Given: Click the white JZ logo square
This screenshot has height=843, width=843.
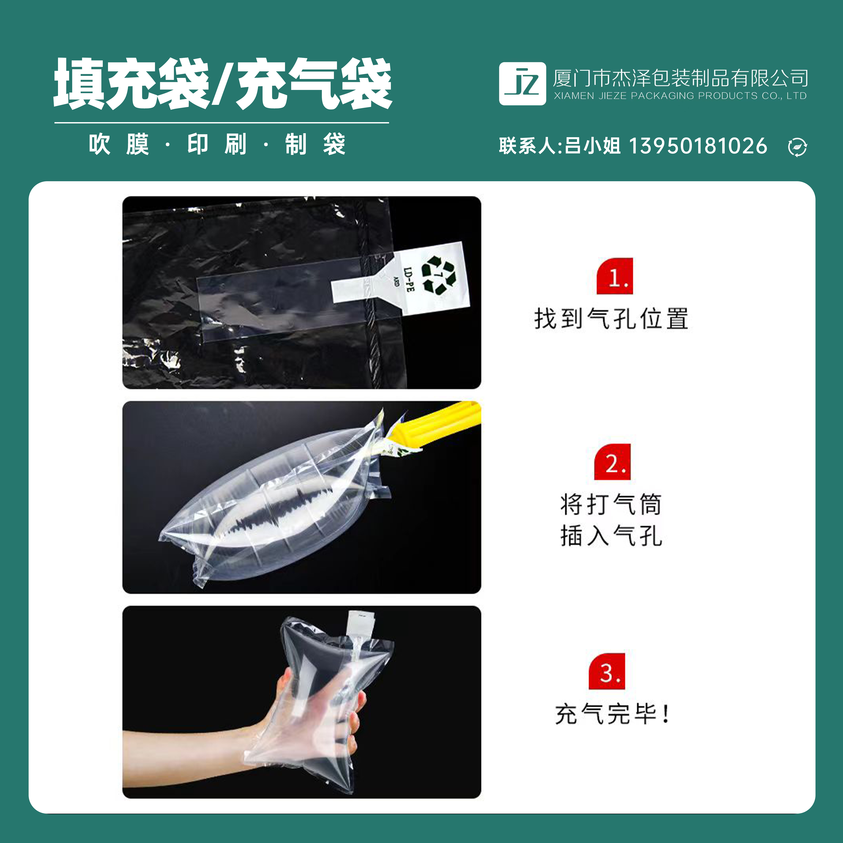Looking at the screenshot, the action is point(522,84).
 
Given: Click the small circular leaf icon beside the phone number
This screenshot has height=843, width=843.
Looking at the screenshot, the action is point(797,147).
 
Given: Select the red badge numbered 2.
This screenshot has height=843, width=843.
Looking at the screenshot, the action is point(613,462).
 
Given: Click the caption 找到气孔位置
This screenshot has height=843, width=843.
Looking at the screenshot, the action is point(611,319).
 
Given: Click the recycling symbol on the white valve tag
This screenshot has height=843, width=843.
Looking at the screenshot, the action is point(439,275).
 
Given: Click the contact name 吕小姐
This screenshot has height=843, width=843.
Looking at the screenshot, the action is point(592,146).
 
